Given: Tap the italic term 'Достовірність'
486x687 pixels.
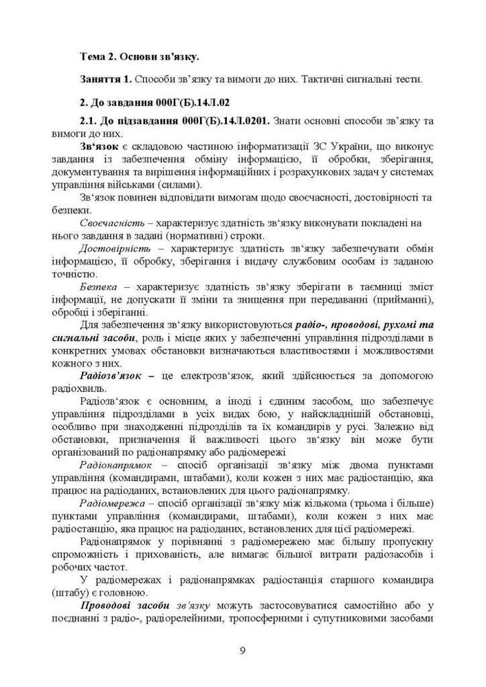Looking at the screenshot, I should tap(113, 248).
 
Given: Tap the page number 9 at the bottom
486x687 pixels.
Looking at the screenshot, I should tap(243, 651).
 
